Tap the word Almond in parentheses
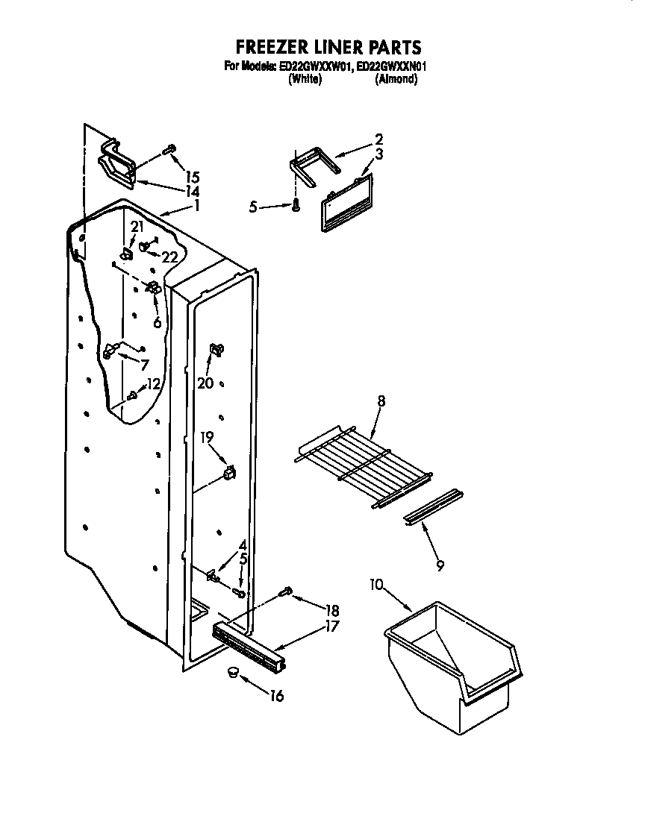click(395, 79)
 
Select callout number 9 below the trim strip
click(440, 566)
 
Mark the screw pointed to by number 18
click(285, 592)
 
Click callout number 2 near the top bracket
click(378, 139)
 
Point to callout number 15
click(193, 178)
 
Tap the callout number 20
click(205, 383)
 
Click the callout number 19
click(207, 438)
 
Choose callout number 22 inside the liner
click(171, 257)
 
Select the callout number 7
click(143, 364)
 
